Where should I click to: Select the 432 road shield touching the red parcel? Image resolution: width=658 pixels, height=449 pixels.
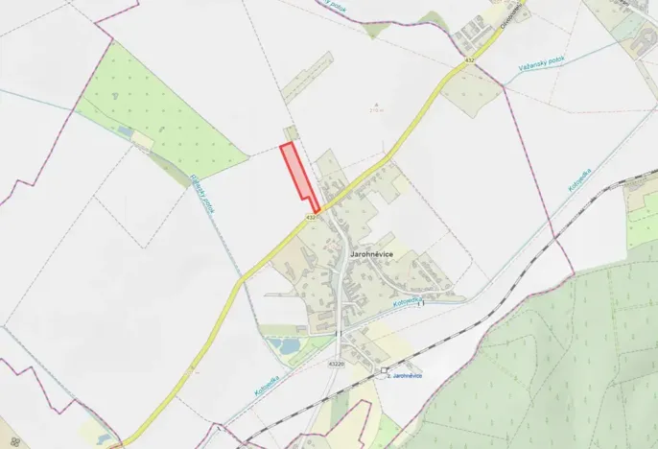click(312, 219)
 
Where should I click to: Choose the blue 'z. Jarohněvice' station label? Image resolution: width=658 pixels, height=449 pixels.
click(404, 375)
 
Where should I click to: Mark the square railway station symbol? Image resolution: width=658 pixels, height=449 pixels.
click(384, 369)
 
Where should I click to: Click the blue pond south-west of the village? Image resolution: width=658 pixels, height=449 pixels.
click(283, 343)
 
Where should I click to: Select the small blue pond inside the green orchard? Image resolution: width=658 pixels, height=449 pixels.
click(126, 132)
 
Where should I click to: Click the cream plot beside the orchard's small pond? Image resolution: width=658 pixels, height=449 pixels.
click(143, 141)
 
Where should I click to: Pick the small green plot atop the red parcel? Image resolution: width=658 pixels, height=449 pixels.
click(290, 133)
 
